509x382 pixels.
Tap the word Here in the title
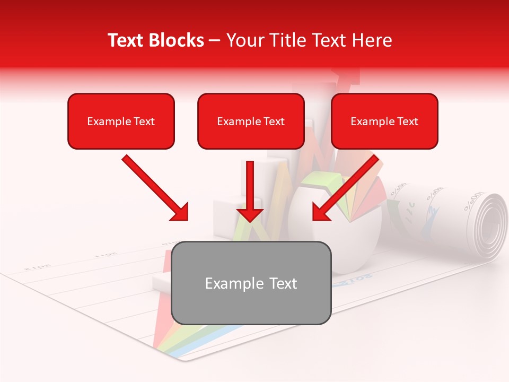[373, 40]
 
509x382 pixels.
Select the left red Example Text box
[121, 121]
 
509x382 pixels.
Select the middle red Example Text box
[251, 121]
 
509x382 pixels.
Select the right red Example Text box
[384, 121]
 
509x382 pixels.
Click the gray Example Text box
[251, 283]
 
